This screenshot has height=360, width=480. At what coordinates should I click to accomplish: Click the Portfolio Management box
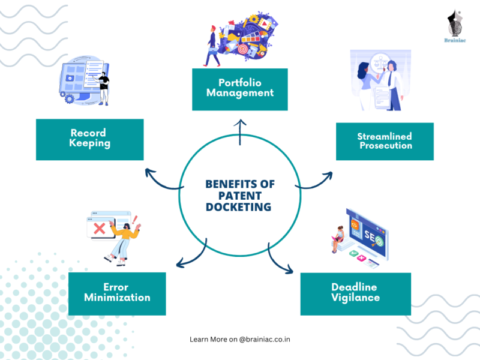tap(239, 89)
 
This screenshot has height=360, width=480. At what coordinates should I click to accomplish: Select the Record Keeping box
tap(89, 140)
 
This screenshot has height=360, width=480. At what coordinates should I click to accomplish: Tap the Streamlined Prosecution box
tap(385, 142)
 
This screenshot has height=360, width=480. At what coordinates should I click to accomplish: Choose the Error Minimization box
tap(117, 294)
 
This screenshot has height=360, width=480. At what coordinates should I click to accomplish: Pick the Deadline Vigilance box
tap(355, 294)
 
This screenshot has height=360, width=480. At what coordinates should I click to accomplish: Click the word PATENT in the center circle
tap(240, 196)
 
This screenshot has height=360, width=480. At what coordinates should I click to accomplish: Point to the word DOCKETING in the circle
tap(238, 207)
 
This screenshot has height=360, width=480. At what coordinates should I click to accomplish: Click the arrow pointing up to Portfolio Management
tap(240, 132)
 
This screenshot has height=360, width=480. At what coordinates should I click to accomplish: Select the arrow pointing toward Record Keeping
tap(161, 182)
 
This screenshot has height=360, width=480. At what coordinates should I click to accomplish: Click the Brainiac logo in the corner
tap(455, 26)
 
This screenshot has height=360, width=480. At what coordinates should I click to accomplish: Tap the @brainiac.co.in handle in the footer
tap(265, 340)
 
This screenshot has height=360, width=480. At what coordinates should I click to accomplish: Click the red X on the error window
tap(99, 229)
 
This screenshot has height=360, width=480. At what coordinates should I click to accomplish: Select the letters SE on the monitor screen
tap(369, 236)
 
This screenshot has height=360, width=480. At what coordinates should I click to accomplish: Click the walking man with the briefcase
tap(212, 46)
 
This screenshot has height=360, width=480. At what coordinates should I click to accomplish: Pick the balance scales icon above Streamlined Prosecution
tap(380, 62)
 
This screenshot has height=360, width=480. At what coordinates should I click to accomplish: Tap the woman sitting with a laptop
tap(337, 239)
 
